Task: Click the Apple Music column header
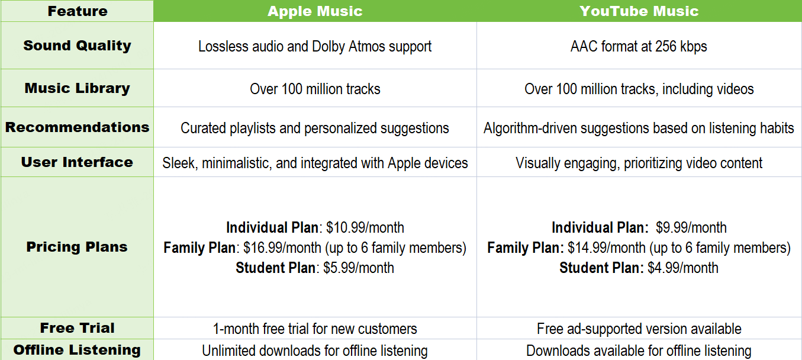pos(315,11)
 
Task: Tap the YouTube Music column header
pos(639,11)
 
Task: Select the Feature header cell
pos(78,11)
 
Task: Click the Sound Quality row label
pos(78,46)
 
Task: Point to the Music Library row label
pos(78,88)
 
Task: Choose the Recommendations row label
pos(78,127)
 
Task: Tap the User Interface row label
pos(78,162)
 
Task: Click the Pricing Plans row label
pos(78,247)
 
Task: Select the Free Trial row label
pos(78,328)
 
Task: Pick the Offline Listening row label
pos(78,350)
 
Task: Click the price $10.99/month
pos(365,227)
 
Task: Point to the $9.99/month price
pos(691,227)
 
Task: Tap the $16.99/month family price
pos(282,247)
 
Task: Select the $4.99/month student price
pos(683,268)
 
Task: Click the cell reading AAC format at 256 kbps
pos(639,47)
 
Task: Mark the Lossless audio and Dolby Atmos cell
pos(315,47)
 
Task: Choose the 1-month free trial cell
pos(315,329)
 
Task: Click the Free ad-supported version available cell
pos(639,329)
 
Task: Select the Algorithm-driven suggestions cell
pos(639,128)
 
